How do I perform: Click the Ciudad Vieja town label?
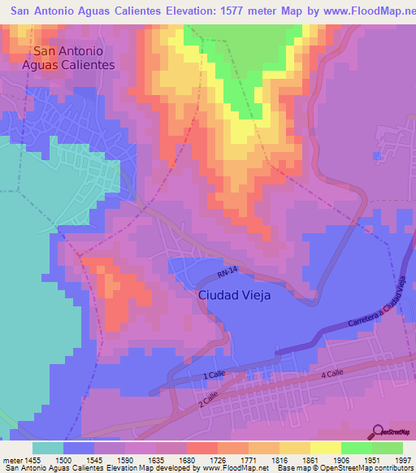pos(235,296)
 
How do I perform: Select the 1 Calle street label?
pos(212,375)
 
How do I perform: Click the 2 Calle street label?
pos(210,399)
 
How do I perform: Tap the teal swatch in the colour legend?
pos(48,448)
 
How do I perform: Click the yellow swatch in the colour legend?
pos(325,448)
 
